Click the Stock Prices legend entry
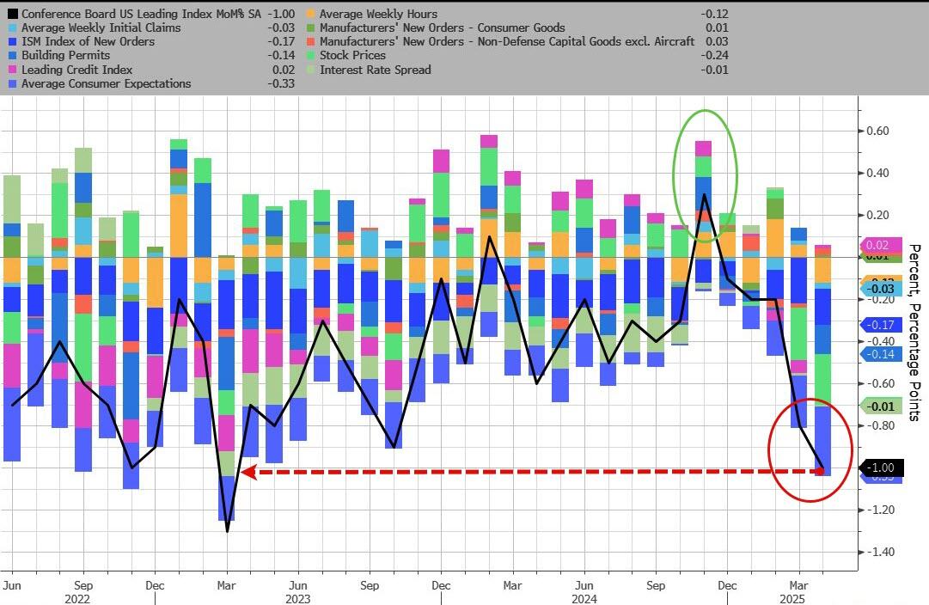(352, 55)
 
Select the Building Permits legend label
(63, 55)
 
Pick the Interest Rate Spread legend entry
(375, 70)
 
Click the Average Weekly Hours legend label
(378, 14)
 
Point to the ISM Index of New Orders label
(88, 41)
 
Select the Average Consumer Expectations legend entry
(106, 83)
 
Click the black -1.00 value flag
(881, 468)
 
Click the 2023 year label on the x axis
(297, 599)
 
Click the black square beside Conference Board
(11, 15)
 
